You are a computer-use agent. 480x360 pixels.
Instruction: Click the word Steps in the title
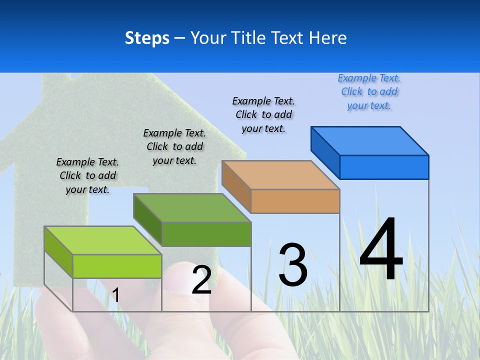tap(147, 38)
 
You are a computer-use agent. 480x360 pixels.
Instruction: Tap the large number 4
tap(381, 250)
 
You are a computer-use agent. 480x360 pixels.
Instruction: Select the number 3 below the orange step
tap(293, 265)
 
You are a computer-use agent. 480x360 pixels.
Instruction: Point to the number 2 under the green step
tap(201, 280)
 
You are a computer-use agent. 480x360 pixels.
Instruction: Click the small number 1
tap(115, 295)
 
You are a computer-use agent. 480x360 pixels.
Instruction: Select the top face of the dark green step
tap(192, 208)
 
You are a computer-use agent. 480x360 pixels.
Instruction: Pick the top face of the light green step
tap(103, 240)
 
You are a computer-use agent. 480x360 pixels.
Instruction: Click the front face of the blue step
tap(384, 167)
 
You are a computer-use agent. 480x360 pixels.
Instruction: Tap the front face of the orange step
tap(295, 201)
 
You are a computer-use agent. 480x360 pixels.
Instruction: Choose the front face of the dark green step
tap(206, 234)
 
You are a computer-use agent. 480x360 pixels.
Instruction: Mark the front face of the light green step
tap(117, 266)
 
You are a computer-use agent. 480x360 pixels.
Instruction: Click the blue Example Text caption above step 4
tap(369, 92)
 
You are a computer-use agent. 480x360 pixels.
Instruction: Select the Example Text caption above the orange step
tap(263, 114)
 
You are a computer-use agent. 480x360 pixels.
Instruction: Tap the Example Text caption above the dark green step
tap(174, 146)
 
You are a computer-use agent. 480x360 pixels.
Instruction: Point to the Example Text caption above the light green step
tap(87, 175)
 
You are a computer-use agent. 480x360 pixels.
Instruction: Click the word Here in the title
tap(328, 38)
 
